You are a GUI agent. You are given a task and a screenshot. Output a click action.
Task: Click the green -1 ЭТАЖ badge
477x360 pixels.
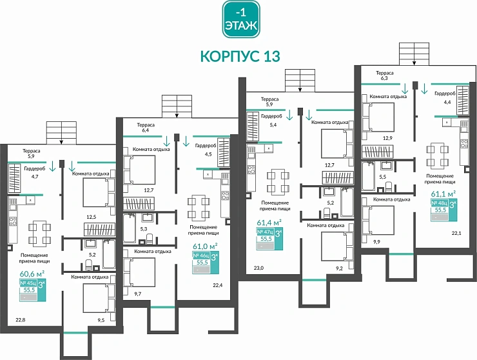(240, 18)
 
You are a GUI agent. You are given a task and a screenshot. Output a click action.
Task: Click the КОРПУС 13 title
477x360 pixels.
(240, 56)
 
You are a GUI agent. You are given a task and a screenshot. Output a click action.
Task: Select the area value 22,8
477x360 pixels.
(20, 318)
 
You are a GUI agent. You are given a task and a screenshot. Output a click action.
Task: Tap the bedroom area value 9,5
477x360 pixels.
(101, 318)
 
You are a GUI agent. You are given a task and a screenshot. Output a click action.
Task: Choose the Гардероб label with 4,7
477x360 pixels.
(35, 172)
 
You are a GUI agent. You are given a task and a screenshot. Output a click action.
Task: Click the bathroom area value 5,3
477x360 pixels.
(143, 228)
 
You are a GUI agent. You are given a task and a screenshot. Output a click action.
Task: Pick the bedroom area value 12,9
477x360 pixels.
(387, 138)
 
